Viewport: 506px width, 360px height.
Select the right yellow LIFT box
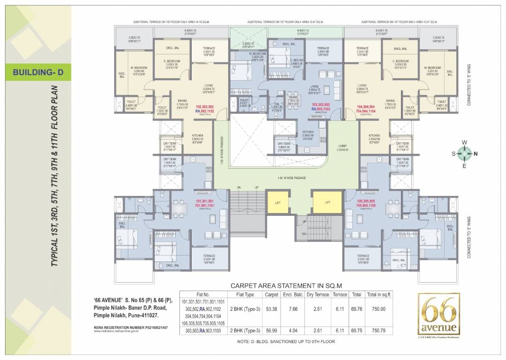pos(327,202)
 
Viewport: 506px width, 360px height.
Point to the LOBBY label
pos(342,146)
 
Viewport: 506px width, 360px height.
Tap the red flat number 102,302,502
pos(205,107)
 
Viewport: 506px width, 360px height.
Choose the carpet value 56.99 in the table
pos(272,331)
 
